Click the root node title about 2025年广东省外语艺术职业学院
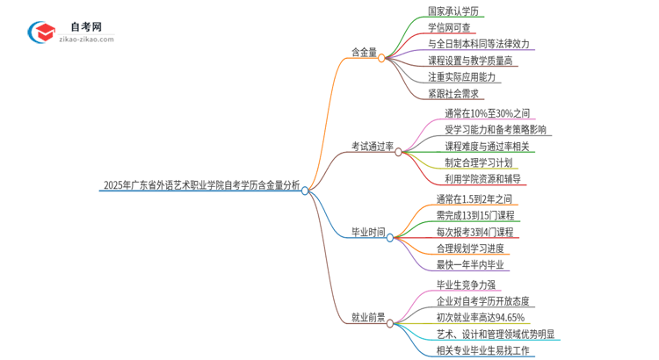coord(201,185)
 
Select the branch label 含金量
coord(364,53)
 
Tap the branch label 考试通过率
coord(372,147)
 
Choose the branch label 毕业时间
coord(368,232)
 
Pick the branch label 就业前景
coord(368,318)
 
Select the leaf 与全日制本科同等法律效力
coord(478,44)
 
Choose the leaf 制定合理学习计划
coord(478,162)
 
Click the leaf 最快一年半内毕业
coord(470,264)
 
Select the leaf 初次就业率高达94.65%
coord(481,317)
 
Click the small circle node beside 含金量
coord(382,58)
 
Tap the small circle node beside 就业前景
coord(391,322)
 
